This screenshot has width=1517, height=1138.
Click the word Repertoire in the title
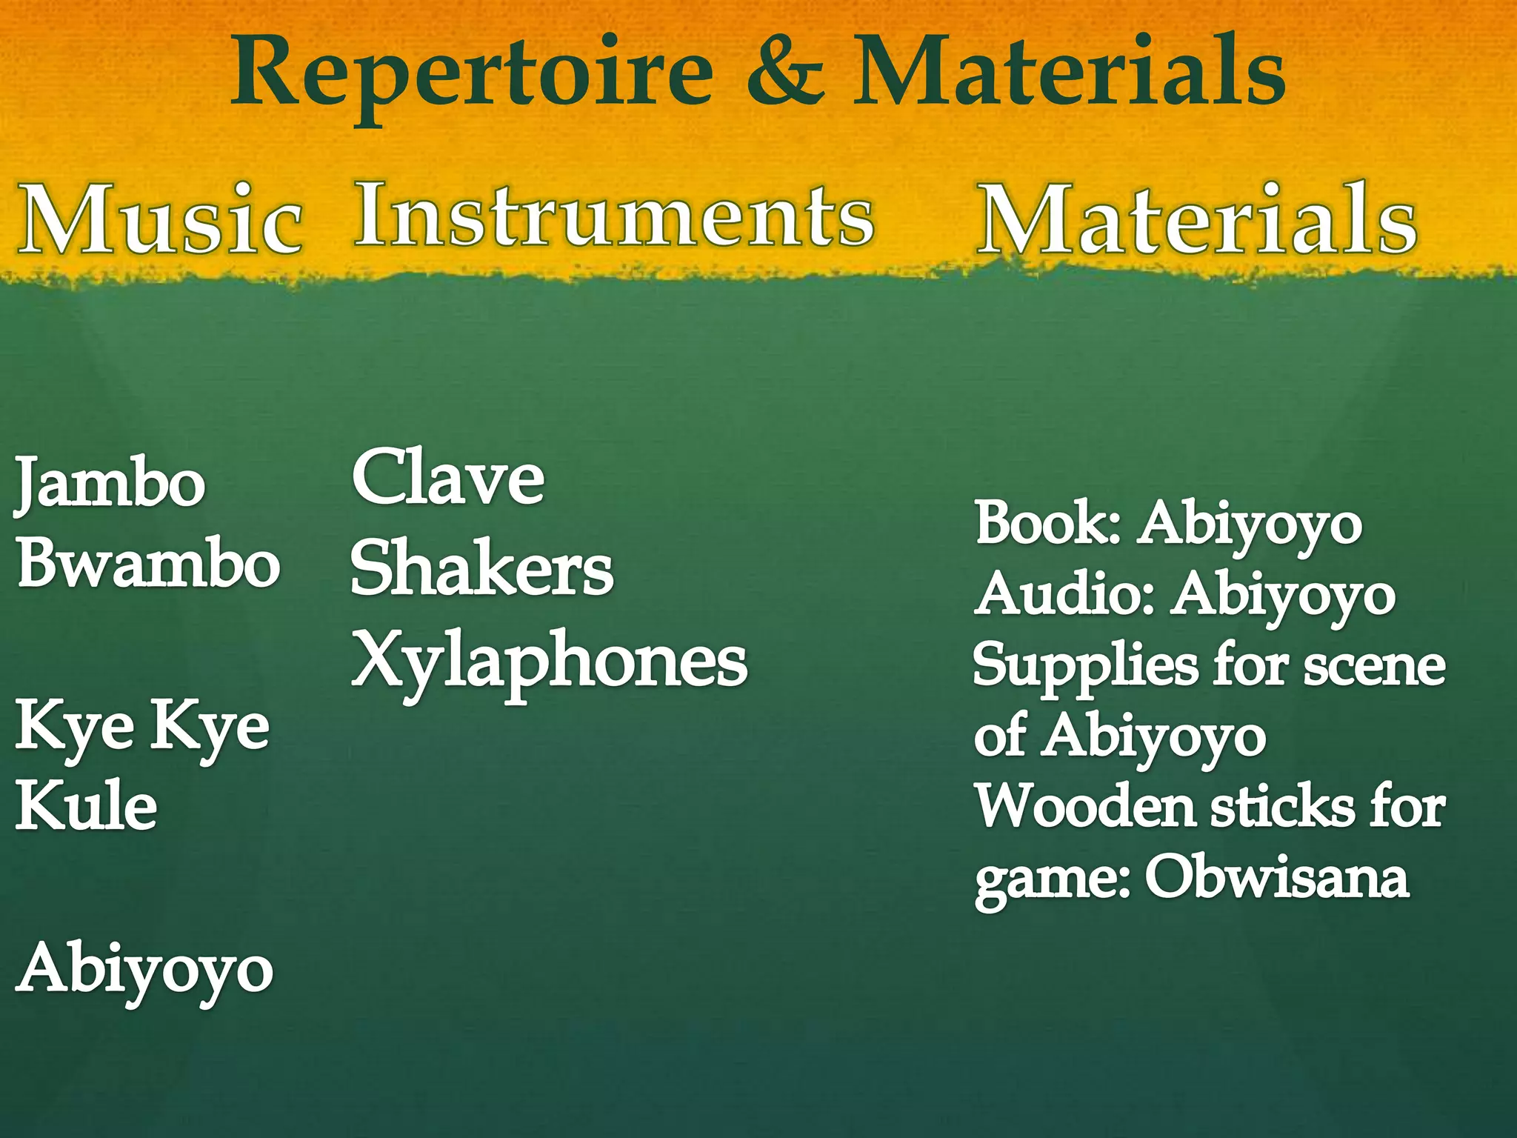(x=473, y=74)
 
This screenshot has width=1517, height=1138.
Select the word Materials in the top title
(x=1070, y=73)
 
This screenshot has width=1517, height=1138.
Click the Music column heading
(x=161, y=220)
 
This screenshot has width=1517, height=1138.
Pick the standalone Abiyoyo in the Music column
(x=145, y=969)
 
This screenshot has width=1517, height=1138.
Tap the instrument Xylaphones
(x=549, y=661)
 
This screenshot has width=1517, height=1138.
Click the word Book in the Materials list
(x=1046, y=523)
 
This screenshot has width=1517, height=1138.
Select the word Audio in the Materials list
(x=1064, y=594)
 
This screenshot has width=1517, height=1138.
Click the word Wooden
(x=1084, y=805)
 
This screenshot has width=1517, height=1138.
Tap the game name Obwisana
(x=1276, y=878)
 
